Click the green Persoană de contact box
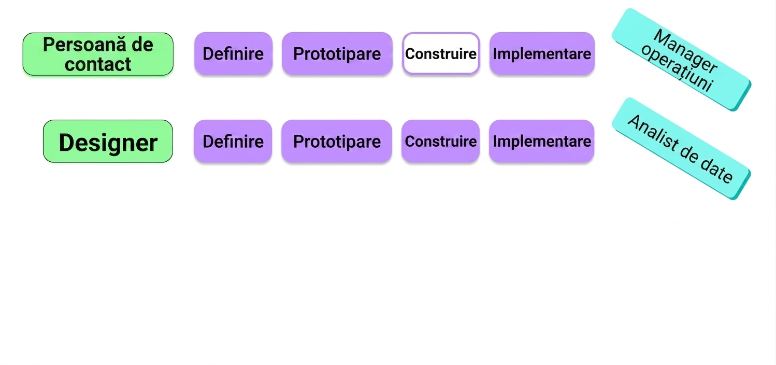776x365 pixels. [98, 54]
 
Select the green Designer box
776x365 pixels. [108, 141]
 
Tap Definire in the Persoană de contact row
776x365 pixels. [233, 54]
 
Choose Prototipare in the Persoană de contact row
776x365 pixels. [337, 54]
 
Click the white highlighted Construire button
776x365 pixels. [441, 54]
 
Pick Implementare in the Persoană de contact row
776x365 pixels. [542, 54]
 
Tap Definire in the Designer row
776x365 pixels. [233, 141]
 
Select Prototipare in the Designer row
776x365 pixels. [337, 141]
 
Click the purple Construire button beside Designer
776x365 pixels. [440, 141]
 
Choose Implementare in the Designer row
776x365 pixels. [541, 141]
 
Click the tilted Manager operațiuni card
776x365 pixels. [681, 60]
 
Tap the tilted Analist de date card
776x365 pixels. [681, 149]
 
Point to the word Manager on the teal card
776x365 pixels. [685, 51]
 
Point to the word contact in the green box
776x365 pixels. [98, 64]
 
